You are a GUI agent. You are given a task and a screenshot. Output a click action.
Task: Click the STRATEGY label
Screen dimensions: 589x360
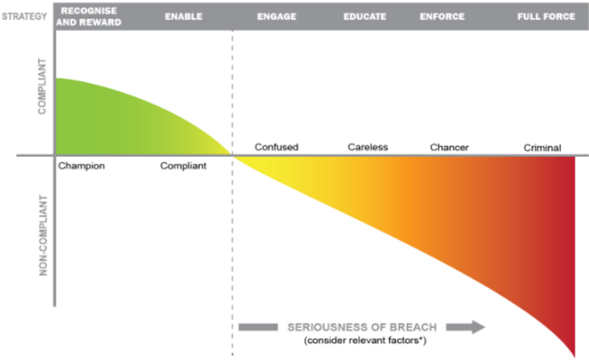(x=25, y=17)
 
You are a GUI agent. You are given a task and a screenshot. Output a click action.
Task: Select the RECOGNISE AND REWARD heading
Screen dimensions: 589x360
(x=89, y=17)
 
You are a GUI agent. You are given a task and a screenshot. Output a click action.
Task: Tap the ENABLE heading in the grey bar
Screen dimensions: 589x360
(x=184, y=17)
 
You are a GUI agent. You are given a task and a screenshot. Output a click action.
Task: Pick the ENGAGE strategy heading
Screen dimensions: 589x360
(x=277, y=17)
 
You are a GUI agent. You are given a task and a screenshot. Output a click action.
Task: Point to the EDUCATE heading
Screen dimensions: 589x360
(x=365, y=17)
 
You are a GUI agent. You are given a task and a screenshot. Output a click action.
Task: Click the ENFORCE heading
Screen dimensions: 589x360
(x=442, y=17)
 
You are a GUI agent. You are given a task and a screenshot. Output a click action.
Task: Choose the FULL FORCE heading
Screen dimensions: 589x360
(x=546, y=17)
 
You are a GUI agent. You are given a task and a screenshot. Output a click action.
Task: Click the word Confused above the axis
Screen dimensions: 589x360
(x=276, y=147)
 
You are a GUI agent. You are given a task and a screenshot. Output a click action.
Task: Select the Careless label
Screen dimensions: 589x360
(x=368, y=147)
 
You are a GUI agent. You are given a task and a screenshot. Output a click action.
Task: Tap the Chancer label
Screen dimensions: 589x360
(x=450, y=147)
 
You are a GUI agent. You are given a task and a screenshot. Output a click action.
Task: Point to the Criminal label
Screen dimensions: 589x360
(x=542, y=148)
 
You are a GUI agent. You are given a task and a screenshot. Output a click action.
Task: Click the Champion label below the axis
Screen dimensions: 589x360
(x=81, y=166)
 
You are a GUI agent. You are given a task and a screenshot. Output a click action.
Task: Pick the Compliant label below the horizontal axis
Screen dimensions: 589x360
(x=183, y=166)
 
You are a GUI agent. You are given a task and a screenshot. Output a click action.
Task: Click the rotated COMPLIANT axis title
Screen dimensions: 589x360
(x=42, y=86)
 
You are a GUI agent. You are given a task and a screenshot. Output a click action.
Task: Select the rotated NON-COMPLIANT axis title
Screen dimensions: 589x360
(x=43, y=235)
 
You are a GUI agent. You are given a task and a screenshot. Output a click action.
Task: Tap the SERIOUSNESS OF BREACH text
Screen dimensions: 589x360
(x=362, y=328)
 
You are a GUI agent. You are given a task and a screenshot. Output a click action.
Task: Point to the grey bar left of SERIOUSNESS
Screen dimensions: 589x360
(x=258, y=327)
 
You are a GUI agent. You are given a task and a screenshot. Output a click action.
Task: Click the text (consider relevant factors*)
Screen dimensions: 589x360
(x=365, y=340)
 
